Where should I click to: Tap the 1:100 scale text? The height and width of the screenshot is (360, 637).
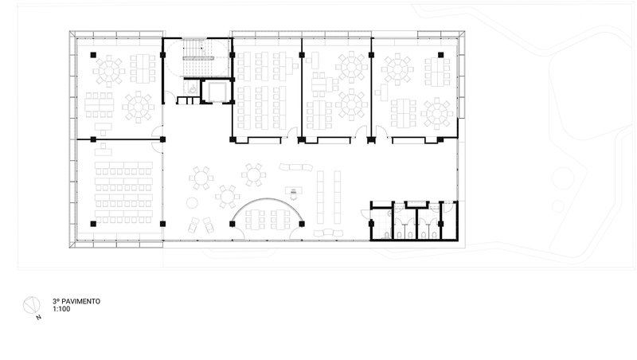tap(61, 309)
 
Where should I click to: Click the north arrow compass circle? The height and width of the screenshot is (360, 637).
tap(31, 306)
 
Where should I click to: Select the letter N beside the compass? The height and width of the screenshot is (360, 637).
tap(38, 317)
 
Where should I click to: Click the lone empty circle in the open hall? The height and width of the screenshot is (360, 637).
tap(192, 203)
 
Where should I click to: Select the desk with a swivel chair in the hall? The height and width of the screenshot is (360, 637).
tap(294, 192)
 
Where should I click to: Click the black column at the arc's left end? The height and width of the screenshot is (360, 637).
tap(233, 224)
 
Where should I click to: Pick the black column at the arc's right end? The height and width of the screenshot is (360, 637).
tap(302, 224)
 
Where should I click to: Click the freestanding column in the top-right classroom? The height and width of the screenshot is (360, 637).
tap(441, 55)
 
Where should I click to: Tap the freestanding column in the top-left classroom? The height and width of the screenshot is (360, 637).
tap(93, 55)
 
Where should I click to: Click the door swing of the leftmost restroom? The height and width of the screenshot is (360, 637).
tap(365, 214)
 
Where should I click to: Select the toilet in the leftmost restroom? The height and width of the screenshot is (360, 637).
tap(387, 235)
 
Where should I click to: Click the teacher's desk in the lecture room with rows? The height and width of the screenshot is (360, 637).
tap(104, 151)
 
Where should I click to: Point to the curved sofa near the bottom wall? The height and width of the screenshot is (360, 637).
tap(328, 233)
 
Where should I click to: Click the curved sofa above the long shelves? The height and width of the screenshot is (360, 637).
tap(296, 166)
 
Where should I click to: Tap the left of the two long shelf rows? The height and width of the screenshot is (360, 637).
tap(321, 197)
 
